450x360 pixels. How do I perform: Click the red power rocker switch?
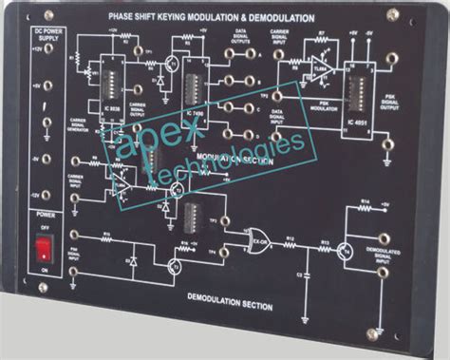(43, 251)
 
